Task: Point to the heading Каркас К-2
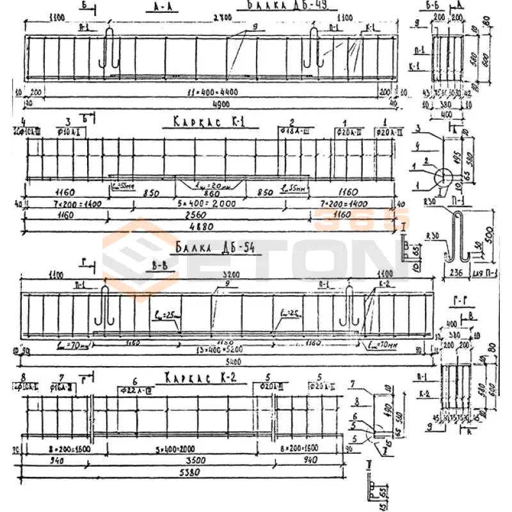tap(200, 378)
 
